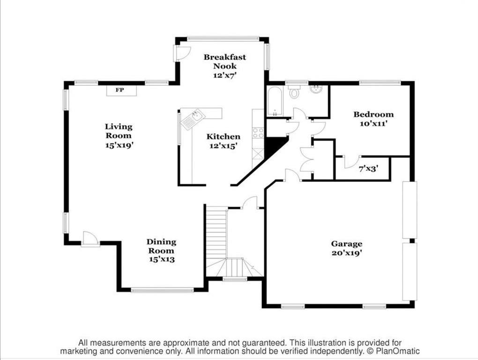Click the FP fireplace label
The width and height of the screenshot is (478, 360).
(x=120, y=90)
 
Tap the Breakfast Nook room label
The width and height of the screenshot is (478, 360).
(x=224, y=66)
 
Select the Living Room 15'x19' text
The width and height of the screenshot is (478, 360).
(x=119, y=135)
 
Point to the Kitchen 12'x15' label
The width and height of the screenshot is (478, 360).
(x=224, y=141)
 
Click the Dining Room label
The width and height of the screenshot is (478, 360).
(x=161, y=250)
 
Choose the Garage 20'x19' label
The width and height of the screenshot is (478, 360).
(x=346, y=248)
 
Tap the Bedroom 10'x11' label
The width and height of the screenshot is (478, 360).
(x=373, y=119)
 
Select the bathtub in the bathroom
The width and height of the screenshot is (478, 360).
(x=274, y=101)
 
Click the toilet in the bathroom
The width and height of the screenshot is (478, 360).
(x=294, y=92)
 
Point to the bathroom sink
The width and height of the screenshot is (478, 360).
(x=316, y=90)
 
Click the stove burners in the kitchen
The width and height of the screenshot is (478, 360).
(x=258, y=133)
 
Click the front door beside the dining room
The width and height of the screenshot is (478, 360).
(x=90, y=239)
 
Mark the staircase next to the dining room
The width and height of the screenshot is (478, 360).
(x=217, y=234)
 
